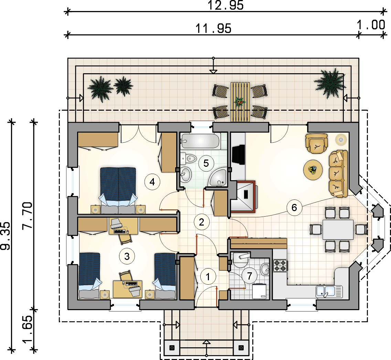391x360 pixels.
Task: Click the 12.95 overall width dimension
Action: [x=225, y=6]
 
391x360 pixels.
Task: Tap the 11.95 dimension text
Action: [x=213, y=29]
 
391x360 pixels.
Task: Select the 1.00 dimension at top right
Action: [x=371, y=25]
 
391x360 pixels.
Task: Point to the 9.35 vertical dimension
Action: [x=6, y=236]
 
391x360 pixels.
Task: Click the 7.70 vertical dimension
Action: [x=28, y=216]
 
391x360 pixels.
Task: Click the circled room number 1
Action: [x=208, y=276]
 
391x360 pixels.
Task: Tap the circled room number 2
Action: [x=201, y=222]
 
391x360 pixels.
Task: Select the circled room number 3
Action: [x=127, y=257]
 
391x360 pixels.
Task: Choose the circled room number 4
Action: [x=152, y=182]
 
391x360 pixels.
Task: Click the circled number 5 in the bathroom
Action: [x=206, y=163]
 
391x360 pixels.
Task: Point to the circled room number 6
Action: [x=294, y=208]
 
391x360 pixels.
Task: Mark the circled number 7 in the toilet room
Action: [x=249, y=275]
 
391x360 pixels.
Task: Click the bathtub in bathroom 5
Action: [x=200, y=141]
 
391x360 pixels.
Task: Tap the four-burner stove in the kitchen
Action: [x=280, y=265]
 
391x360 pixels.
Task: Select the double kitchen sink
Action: [x=329, y=292]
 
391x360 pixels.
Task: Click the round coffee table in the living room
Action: [x=313, y=170]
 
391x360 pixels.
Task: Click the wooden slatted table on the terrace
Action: [x=240, y=102]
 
